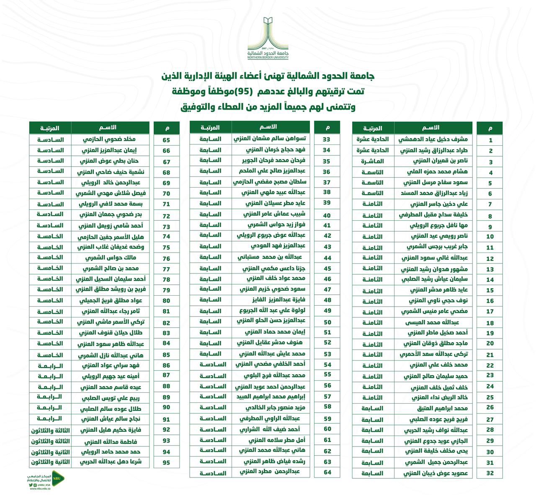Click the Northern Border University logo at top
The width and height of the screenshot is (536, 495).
point(268,38)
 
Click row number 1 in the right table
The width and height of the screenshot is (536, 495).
point(490,140)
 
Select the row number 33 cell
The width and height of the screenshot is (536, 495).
point(327,139)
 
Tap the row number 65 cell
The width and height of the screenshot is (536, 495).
point(166,140)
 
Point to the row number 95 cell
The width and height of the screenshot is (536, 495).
point(166,462)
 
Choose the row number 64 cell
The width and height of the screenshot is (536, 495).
point(327,472)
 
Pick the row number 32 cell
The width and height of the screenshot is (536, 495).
point(490,473)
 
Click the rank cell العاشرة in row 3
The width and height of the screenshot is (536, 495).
point(373,161)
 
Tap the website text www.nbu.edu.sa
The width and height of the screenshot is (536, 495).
point(40,488)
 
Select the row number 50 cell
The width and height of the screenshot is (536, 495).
point(327,322)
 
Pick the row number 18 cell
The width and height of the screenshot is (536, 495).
point(490,323)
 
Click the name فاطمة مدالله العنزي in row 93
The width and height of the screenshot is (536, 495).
point(111,441)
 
